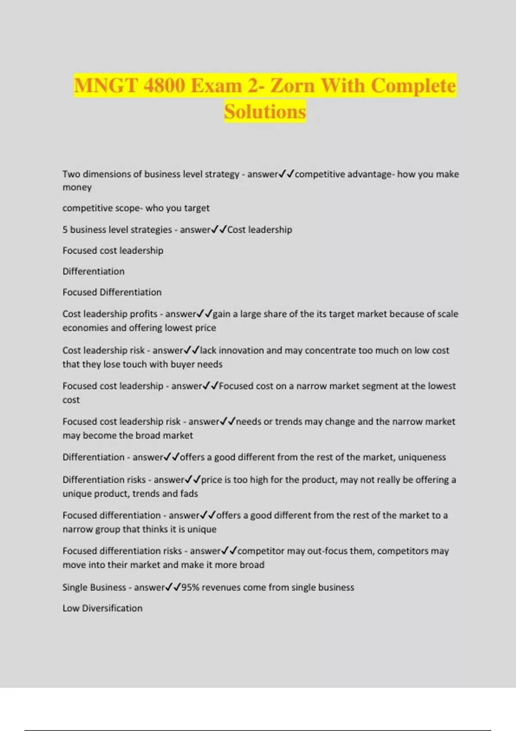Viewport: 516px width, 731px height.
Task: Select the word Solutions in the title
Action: click(265, 112)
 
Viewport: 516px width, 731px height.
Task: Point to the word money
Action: click(77, 187)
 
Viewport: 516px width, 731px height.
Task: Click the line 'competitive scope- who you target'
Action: click(136, 208)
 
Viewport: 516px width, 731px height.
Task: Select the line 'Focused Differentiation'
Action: click(112, 292)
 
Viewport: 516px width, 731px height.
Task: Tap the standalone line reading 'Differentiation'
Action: click(93, 271)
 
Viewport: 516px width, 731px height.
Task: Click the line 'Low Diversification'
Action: click(102, 608)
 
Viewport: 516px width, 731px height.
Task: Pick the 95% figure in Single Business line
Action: click(190, 587)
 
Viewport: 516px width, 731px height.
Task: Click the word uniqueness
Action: click(422, 457)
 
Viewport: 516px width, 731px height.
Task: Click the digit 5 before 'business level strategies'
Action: click(65, 230)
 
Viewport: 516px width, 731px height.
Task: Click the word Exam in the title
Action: click(216, 86)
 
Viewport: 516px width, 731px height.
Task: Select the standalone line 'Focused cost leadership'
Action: click(113, 251)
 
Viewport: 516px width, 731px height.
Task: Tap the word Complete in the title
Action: click(413, 86)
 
